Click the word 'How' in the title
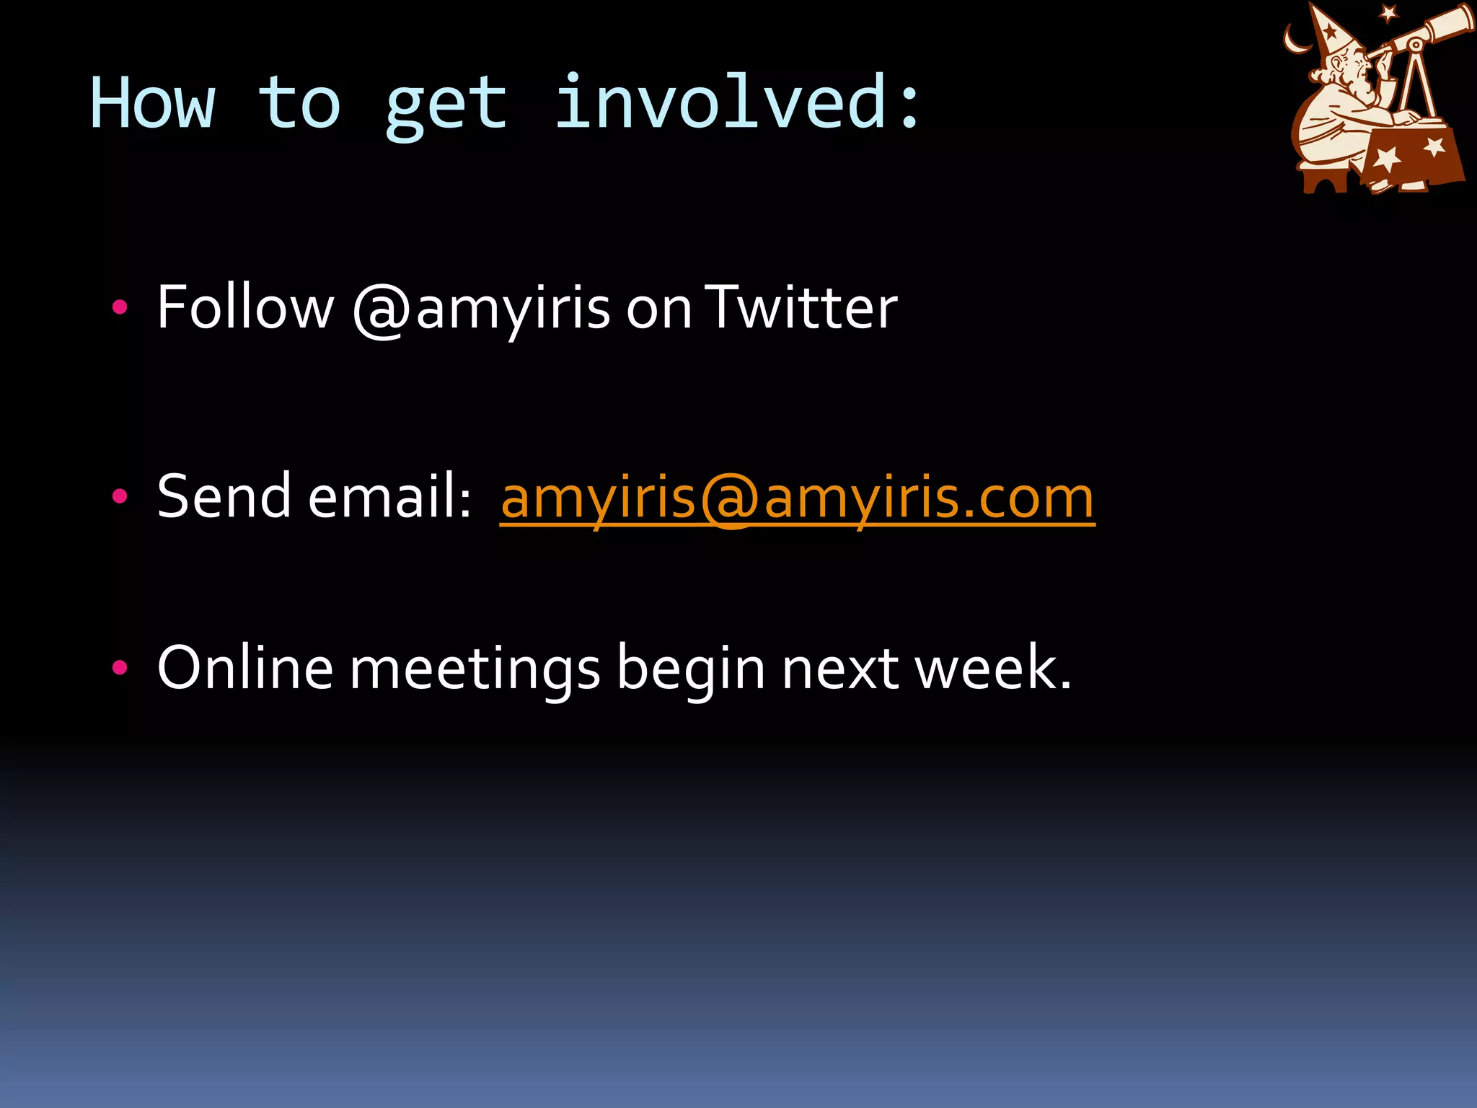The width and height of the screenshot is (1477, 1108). click(152, 104)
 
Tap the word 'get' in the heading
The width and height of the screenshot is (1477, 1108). click(446, 107)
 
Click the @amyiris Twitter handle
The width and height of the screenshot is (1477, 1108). click(481, 309)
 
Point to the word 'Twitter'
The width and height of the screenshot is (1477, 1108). click(801, 307)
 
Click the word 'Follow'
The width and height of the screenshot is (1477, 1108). click(245, 307)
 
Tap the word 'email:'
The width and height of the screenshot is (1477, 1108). click(389, 496)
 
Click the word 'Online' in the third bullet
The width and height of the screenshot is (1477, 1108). click(245, 668)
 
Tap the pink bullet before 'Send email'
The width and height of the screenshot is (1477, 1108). click(120, 496)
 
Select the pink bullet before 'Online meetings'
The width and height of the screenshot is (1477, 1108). click(120, 668)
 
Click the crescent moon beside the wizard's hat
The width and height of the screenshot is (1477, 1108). click(1296, 40)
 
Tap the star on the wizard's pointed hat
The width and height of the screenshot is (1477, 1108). click(1329, 32)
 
